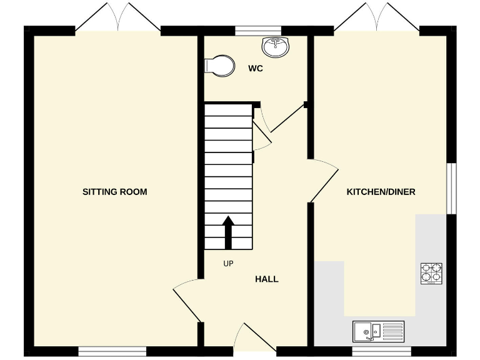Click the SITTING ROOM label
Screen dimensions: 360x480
tap(115, 192)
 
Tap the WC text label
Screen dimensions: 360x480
tap(255, 69)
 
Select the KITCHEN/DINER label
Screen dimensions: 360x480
tap(381, 192)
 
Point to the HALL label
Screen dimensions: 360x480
tap(267, 279)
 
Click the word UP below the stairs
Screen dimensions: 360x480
tap(228, 264)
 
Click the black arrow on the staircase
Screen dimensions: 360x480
tap(228, 232)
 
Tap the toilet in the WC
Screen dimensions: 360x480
tap(219, 65)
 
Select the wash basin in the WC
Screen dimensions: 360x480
tap(276, 46)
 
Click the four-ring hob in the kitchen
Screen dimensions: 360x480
tap(431, 273)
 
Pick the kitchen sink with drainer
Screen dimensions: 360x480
tap(379, 331)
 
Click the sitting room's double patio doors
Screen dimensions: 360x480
tap(118, 19)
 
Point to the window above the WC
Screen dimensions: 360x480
tap(257, 29)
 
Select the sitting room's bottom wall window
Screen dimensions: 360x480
tap(112, 351)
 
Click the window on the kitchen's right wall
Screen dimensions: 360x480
tap(452, 188)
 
